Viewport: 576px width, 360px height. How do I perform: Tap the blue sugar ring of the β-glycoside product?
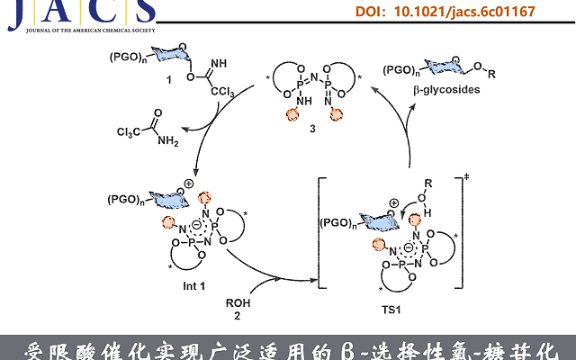click(452, 69)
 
